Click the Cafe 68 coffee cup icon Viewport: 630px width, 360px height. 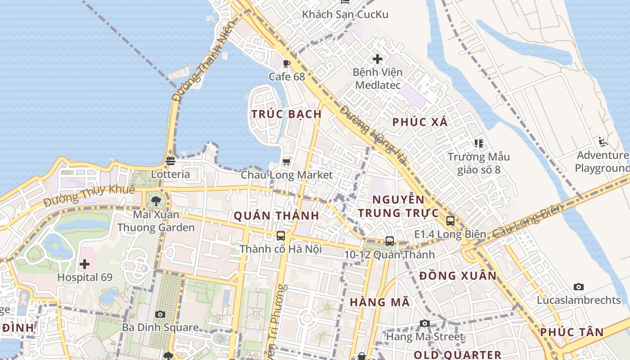click(x=287, y=63)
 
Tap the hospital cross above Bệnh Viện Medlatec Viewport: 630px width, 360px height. click(x=378, y=58)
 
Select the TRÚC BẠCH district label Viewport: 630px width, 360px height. click(x=287, y=114)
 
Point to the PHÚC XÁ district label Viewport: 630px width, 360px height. click(x=420, y=121)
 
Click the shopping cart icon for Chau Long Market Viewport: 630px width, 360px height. click(x=287, y=162)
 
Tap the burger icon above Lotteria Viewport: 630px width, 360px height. click(x=171, y=161)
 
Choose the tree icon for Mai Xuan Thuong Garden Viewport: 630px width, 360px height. click(x=156, y=201)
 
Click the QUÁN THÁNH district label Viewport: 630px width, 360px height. click(x=276, y=216)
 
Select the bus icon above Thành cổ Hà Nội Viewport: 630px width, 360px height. click(x=281, y=235)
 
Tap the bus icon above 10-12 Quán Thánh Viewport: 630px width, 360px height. click(x=390, y=241)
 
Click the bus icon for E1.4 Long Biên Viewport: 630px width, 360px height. click(x=450, y=221)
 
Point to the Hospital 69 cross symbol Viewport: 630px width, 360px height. click(x=85, y=264)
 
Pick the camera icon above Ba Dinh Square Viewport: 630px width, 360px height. click(x=160, y=314)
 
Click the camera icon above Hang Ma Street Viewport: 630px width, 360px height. click(x=424, y=323)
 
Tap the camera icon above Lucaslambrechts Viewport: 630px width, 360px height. click(x=579, y=287)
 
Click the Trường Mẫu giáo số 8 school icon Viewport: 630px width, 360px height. click(x=478, y=144)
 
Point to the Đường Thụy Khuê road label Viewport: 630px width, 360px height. click(x=90, y=196)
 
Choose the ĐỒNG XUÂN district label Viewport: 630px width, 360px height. click(x=458, y=275)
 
